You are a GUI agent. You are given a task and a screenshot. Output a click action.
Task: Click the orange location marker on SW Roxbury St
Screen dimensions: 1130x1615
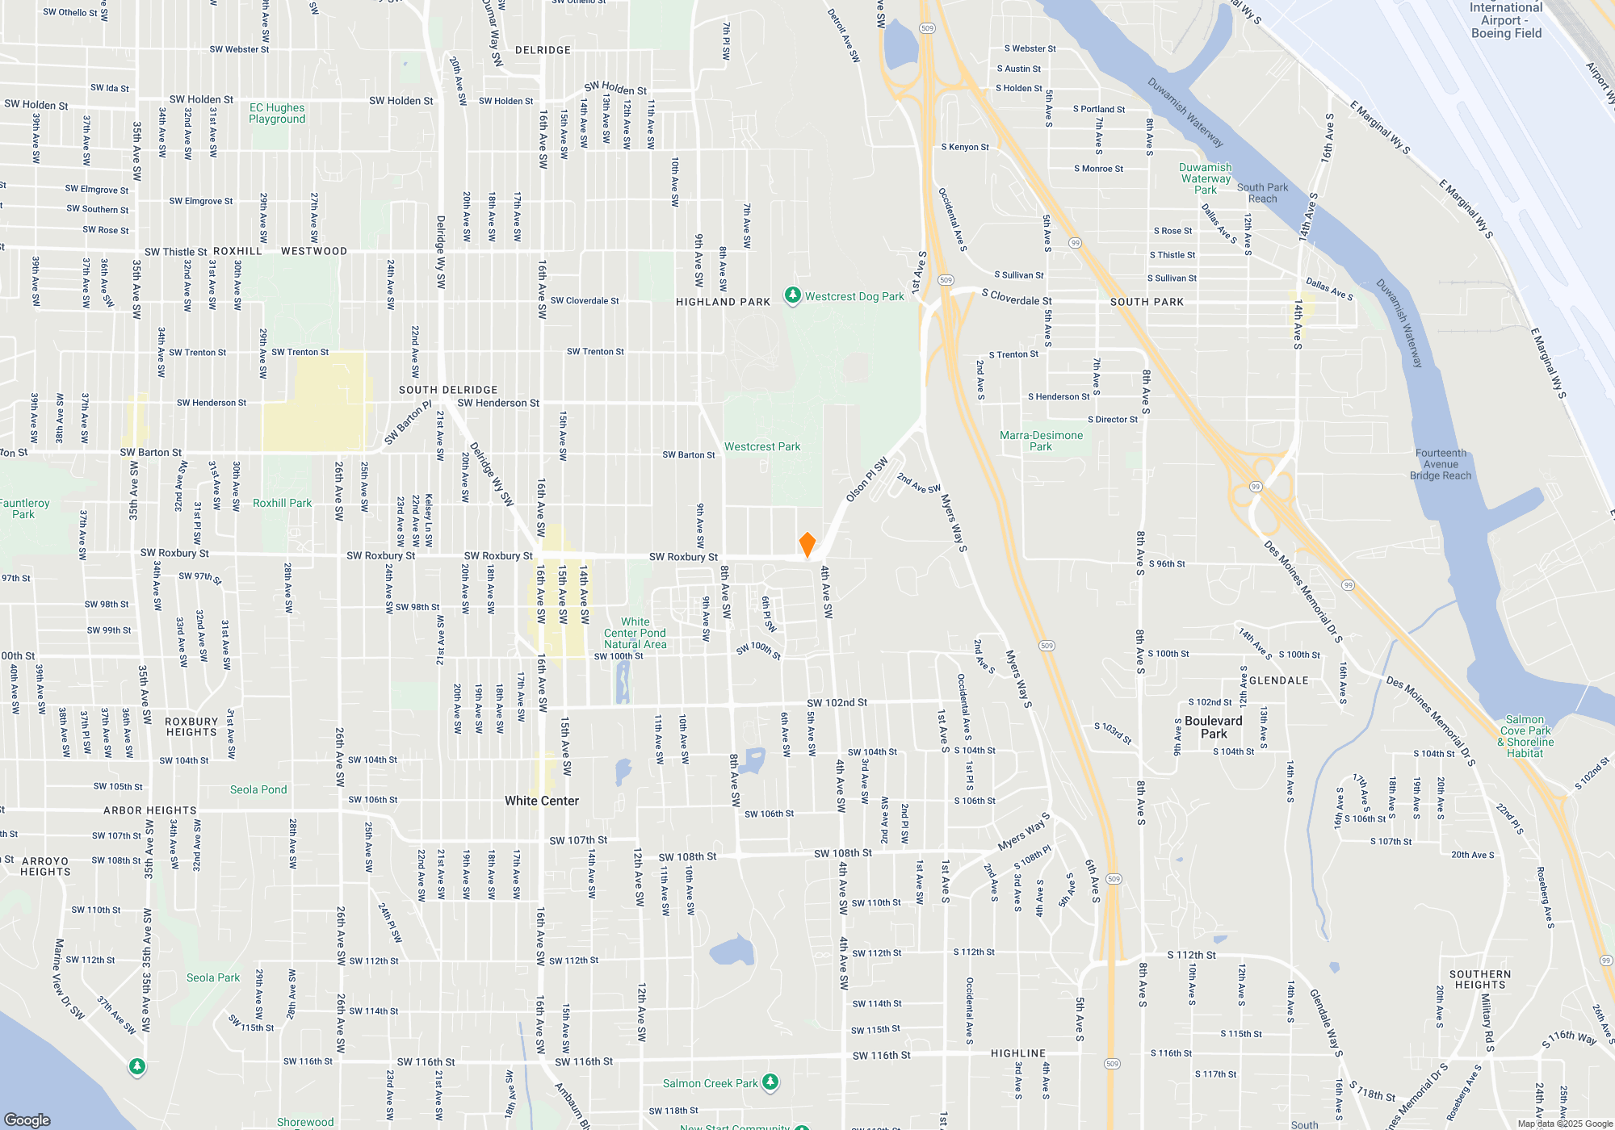pos(807,545)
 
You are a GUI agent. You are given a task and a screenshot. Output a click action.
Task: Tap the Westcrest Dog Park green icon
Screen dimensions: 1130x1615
pos(793,295)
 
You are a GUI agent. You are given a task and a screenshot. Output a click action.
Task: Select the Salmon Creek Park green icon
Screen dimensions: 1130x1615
pos(770,1082)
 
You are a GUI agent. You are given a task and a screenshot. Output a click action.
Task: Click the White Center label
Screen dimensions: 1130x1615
pos(542,801)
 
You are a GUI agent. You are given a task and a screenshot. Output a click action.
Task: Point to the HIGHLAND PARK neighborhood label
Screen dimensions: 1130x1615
pos(723,302)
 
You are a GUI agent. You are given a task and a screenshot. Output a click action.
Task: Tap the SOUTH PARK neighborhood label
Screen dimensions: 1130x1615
pos(1147,302)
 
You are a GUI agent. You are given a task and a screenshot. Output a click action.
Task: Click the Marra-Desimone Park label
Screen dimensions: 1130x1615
pos(1041,441)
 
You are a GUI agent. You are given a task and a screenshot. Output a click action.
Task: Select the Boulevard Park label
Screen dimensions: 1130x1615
pos(1213,727)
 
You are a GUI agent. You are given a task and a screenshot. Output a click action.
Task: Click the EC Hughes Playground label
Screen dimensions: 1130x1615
pos(277,113)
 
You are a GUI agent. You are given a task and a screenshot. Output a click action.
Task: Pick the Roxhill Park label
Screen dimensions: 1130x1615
pos(282,503)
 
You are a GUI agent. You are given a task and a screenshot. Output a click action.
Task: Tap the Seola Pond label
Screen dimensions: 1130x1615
pos(258,789)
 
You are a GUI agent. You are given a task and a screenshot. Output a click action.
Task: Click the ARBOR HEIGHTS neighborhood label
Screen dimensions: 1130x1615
pos(150,810)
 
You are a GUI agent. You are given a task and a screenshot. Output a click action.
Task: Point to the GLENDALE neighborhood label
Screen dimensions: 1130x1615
pos(1278,680)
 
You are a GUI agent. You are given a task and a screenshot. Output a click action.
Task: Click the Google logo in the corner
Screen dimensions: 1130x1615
pos(27,1120)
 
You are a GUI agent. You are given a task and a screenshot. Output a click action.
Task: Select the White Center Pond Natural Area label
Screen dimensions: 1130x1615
pos(636,633)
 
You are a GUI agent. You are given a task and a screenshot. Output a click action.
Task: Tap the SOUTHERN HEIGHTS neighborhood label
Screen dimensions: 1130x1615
pos(1479,979)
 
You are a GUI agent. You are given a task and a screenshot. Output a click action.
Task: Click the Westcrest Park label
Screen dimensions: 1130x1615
pos(762,446)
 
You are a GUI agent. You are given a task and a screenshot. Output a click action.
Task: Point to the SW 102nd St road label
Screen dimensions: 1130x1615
pos(837,703)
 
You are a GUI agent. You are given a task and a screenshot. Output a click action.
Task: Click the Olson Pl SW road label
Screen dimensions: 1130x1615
pos(866,479)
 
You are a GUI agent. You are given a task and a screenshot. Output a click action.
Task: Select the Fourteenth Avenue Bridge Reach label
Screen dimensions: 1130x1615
pos(1441,464)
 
